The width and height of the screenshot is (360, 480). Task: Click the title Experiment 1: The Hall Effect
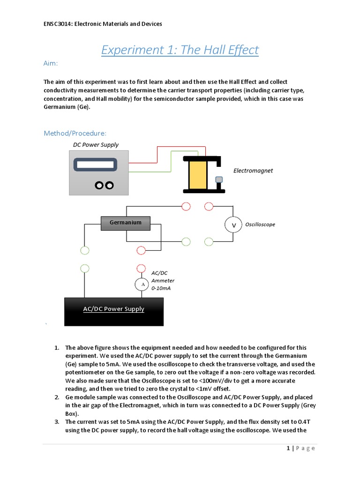(x=180, y=50)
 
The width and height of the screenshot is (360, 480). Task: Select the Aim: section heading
(x=53, y=63)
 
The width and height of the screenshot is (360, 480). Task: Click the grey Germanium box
(x=125, y=223)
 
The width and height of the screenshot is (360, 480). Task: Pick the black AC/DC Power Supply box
(x=113, y=309)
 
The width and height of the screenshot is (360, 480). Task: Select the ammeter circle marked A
(x=142, y=285)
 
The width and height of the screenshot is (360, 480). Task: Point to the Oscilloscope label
(x=260, y=225)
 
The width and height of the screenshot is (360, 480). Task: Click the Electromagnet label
(x=253, y=171)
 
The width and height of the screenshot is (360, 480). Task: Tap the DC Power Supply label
(x=96, y=145)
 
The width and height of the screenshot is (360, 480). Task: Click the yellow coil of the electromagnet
(x=197, y=174)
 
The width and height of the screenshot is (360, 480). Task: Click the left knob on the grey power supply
(x=99, y=186)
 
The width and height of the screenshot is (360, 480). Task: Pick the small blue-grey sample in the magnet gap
(x=218, y=180)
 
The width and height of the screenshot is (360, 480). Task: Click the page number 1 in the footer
(x=288, y=449)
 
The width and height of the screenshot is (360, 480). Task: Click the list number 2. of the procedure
(x=57, y=397)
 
